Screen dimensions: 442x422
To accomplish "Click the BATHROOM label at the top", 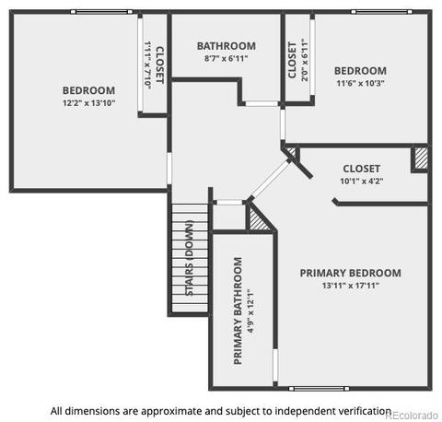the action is click(x=227, y=46).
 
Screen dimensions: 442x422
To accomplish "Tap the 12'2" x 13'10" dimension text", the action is click(x=88, y=103).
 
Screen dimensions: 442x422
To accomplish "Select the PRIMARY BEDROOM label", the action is click(x=350, y=273).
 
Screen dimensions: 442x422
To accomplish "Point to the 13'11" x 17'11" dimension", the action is click(x=351, y=286).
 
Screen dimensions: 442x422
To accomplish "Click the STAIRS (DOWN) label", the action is click(x=190, y=258).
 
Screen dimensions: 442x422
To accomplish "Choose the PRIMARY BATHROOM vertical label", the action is click(x=238, y=311).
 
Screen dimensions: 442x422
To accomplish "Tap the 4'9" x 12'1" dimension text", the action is click(x=250, y=311).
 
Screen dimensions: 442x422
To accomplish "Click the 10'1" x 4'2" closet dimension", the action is click(x=362, y=182).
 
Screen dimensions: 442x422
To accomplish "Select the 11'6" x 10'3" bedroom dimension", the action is click(x=360, y=83).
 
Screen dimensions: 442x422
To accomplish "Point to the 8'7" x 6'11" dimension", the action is click(x=227, y=58).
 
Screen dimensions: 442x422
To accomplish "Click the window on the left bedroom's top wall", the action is click(x=101, y=12).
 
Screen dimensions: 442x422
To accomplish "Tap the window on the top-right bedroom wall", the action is click(x=382, y=12).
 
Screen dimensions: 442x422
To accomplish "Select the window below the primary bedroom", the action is click(x=320, y=389).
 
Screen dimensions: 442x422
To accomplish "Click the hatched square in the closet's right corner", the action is click(x=421, y=158).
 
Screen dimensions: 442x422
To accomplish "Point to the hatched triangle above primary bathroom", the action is click(x=257, y=219).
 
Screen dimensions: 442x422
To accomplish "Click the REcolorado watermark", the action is click(x=412, y=416).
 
